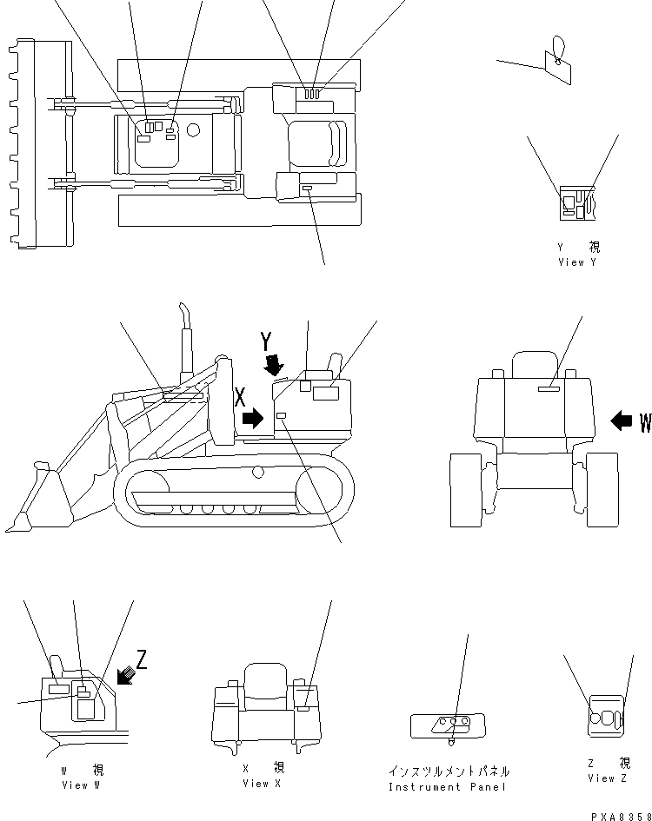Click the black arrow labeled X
[x=253, y=418]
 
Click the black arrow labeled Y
[x=274, y=366]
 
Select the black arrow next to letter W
[x=622, y=420]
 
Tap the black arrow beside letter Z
[x=126, y=675]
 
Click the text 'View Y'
[x=577, y=262]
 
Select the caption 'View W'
[x=81, y=785]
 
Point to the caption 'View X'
[x=262, y=784]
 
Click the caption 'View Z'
[x=607, y=778]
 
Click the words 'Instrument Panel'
[x=447, y=787]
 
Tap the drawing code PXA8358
[x=621, y=817]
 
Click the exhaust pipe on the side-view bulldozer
[x=185, y=341]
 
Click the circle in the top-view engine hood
[x=193, y=129]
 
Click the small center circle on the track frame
[x=257, y=472]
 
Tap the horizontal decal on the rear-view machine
[x=549, y=388]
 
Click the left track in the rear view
[x=466, y=490]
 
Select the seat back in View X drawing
[x=265, y=680]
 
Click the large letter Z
[x=142, y=659]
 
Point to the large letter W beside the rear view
[x=645, y=422]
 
